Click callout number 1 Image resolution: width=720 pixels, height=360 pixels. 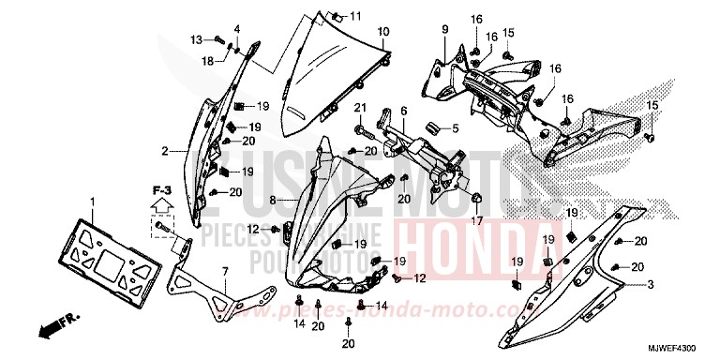[x=92, y=202]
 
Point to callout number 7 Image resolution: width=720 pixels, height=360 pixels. [x=224, y=272]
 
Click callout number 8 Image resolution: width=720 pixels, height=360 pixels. [x=273, y=200]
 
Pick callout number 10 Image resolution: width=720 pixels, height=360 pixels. [x=383, y=32]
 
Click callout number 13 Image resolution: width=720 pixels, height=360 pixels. [x=196, y=39]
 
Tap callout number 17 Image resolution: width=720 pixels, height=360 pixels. [x=477, y=221]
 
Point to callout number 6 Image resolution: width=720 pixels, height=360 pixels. [x=403, y=111]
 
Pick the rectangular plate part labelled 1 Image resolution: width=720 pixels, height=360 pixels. [x=105, y=253]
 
